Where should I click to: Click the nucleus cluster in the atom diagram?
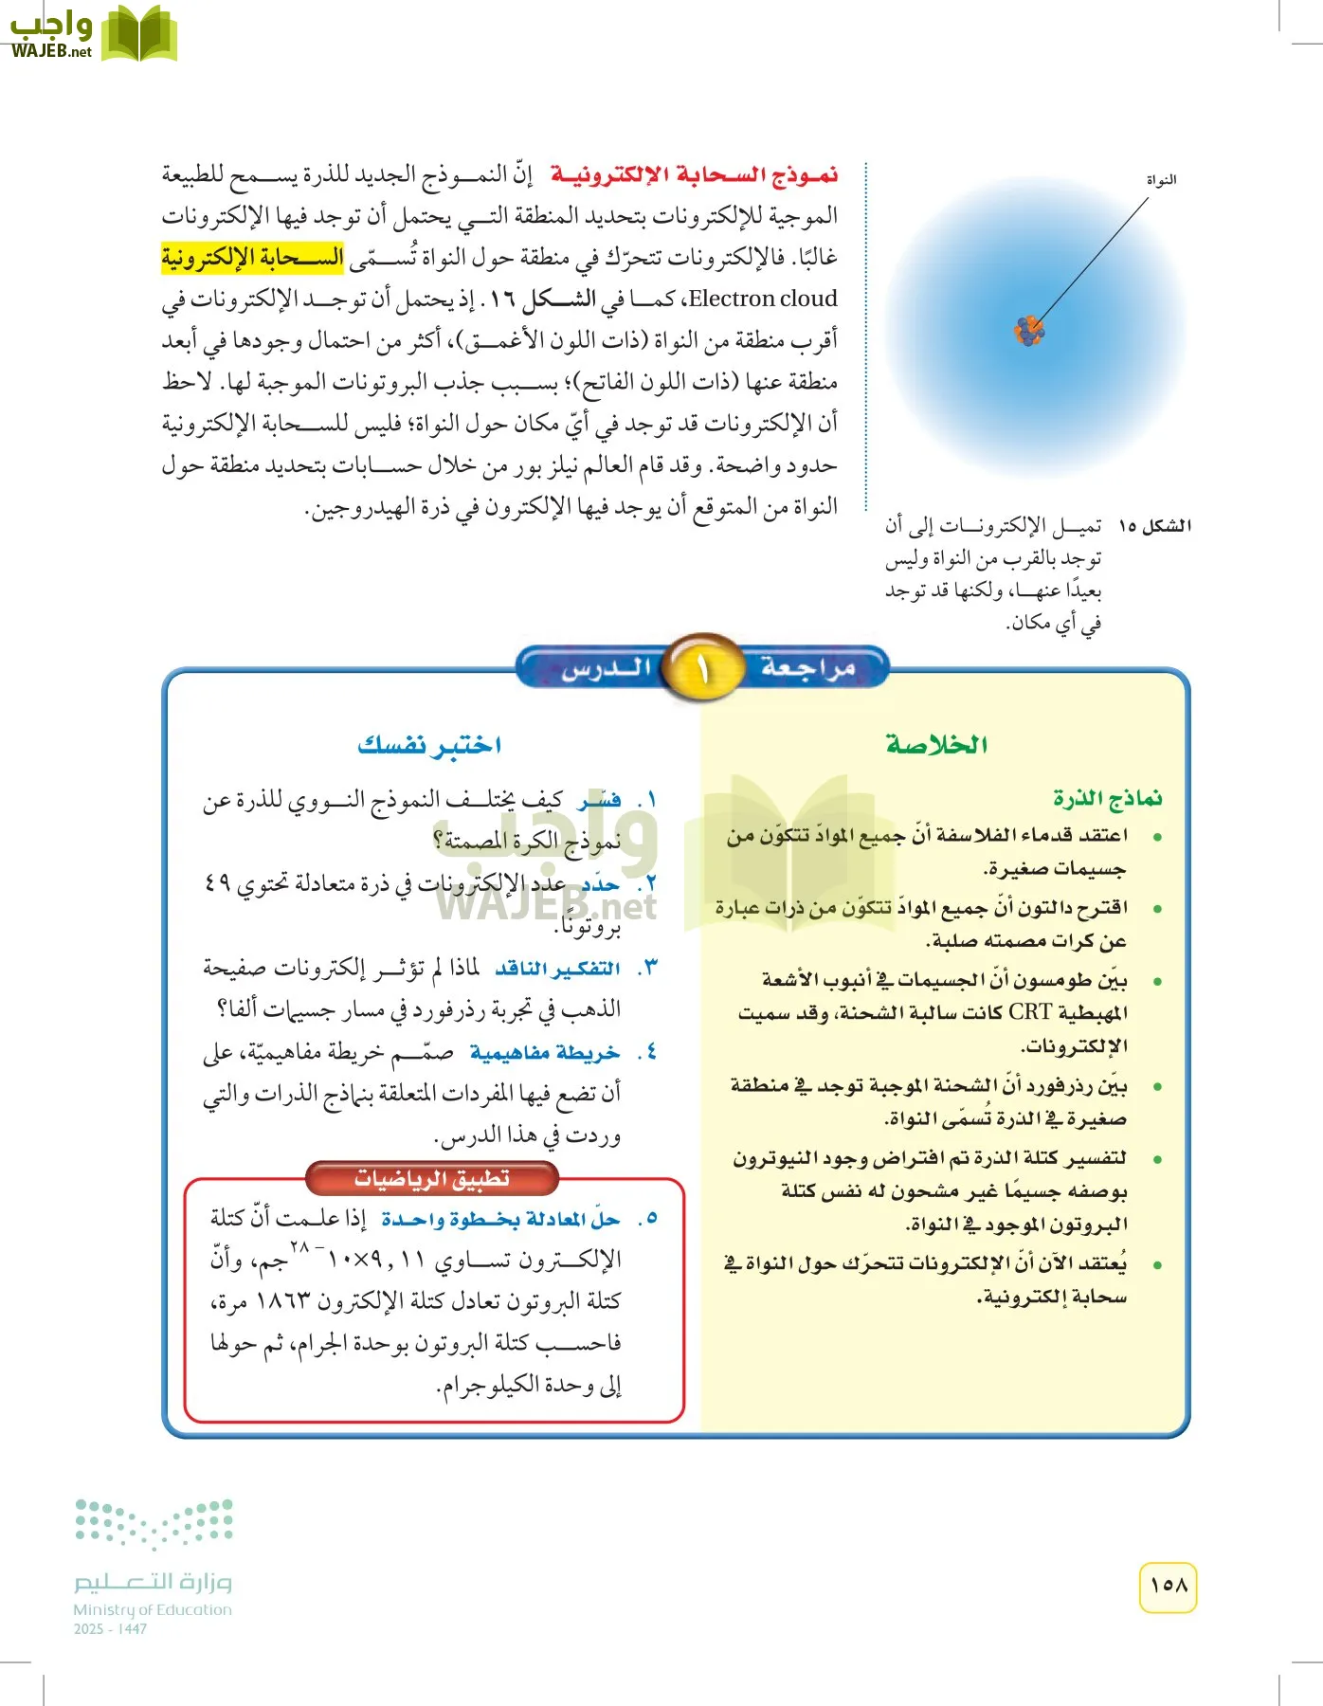(x=1028, y=330)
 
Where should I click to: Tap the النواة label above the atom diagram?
(x=1161, y=180)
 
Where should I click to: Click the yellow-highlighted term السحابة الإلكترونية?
(x=252, y=258)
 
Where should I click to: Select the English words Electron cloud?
(x=763, y=299)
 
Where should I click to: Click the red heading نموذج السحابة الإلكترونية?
(x=694, y=175)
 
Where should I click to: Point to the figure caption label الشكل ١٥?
(x=1155, y=526)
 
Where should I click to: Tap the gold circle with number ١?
(x=702, y=669)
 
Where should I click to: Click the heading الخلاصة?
(x=936, y=745)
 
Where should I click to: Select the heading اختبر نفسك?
(x=429, y=745)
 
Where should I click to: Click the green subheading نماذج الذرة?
(x=1107, y=799)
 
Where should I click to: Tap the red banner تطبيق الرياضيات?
(x=432, y=1178)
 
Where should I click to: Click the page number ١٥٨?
(x=1168, y=1586)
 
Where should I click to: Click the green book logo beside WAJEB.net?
(x=139, y=35)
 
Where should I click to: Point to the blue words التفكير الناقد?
(x=557, y=969)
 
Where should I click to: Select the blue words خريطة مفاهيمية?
(x=545, y=1053)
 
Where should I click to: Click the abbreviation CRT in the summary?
(x=1030, y=1012)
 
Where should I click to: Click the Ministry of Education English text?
(x=153, y=1609)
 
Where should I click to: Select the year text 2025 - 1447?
(x=110, y=1629)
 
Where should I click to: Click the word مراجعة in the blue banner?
(x=807, y=667)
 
